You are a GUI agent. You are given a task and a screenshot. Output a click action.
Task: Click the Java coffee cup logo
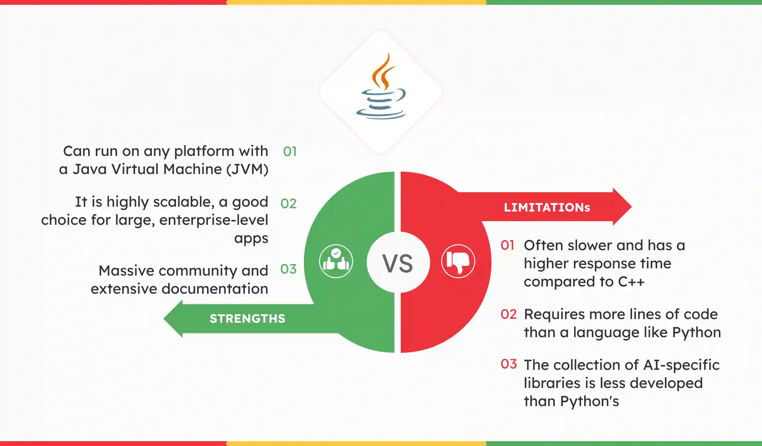pos(381,88)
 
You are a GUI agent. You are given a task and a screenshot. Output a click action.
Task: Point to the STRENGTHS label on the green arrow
pos(247,319)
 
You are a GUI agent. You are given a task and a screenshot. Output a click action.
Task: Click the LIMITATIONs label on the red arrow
pos(547,208)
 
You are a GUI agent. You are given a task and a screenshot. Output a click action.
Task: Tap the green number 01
pos(290,152)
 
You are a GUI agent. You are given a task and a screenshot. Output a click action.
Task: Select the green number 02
pos(288,204)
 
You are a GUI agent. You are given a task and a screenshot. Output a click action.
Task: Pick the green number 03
pos(288,269)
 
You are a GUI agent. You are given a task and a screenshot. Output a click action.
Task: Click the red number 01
pos(507,245)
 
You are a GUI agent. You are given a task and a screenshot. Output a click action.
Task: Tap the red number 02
pos(509,315)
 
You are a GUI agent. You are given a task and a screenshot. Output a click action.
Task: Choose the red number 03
pos(509,364)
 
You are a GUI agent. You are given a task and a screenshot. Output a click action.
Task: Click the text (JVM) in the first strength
pos(247,169)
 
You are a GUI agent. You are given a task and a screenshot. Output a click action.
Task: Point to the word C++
pos(631,282)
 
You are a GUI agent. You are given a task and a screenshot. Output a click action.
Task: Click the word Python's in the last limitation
pos(589,401)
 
